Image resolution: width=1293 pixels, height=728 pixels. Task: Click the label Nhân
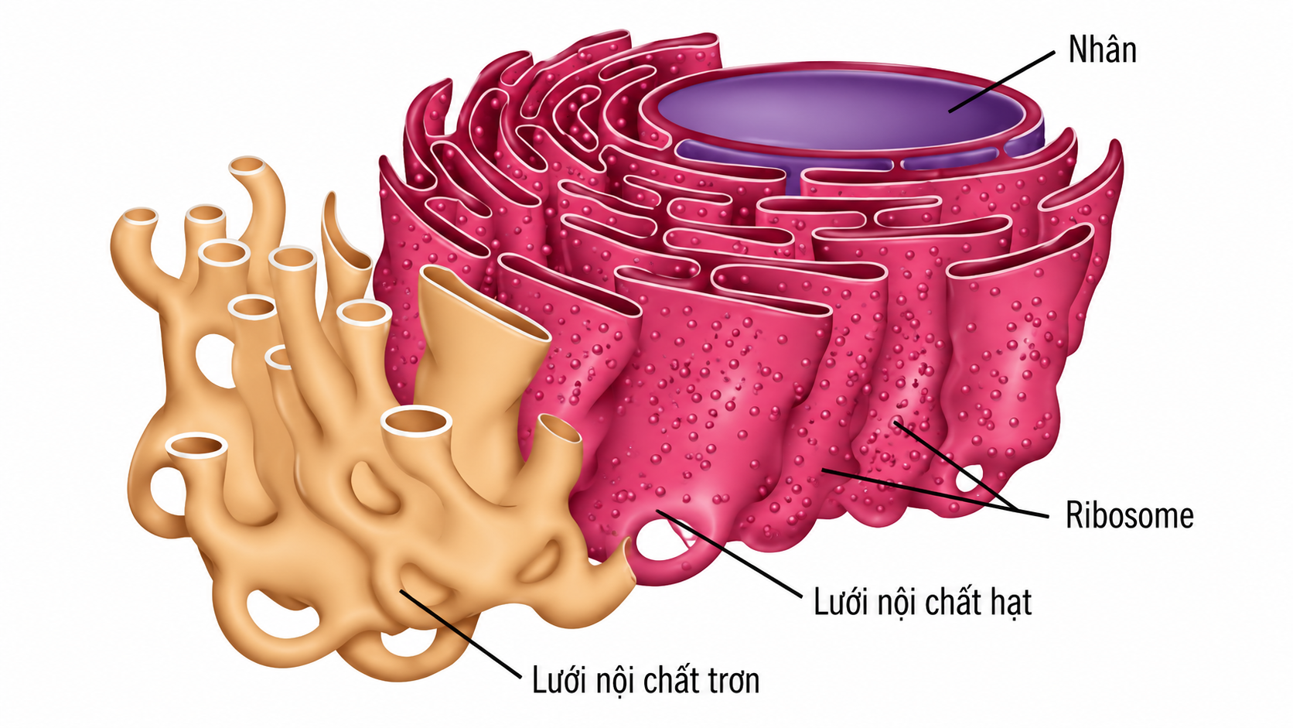1102,50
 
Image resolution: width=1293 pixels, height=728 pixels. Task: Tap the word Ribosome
1129,515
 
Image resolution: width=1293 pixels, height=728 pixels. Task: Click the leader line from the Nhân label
1002,80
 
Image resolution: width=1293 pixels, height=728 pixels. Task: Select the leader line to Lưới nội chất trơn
460,634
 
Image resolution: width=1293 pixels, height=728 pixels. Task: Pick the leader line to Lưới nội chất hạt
729,554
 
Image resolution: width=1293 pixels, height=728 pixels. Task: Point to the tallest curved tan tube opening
249,166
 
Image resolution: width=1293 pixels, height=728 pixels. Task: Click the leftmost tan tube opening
140,216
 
